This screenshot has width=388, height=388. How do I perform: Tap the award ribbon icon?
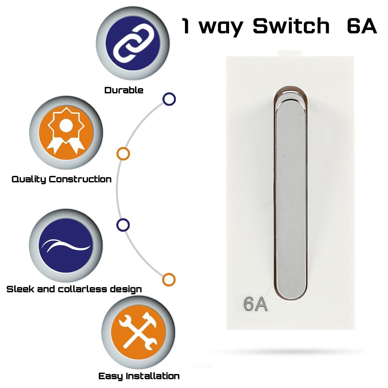tap(66, 132)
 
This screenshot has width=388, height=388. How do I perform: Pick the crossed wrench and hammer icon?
tap(138, 332)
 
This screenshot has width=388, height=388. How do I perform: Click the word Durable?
tap(124, 90)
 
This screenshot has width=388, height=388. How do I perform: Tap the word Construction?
tap(80, 179)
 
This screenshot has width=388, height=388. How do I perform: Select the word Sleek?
tap(20, 289)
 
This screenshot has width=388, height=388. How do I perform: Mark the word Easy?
tap(110, 376)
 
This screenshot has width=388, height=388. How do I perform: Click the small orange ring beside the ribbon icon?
tap(123, 154)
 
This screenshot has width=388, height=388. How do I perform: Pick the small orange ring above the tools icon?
tap(169, 279)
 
